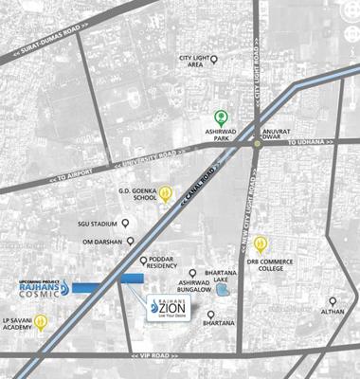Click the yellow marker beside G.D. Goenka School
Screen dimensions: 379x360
(x=166, y=192)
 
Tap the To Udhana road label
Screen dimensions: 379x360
(x=310, y=141)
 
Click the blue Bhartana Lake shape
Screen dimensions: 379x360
(x=224, y=288)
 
